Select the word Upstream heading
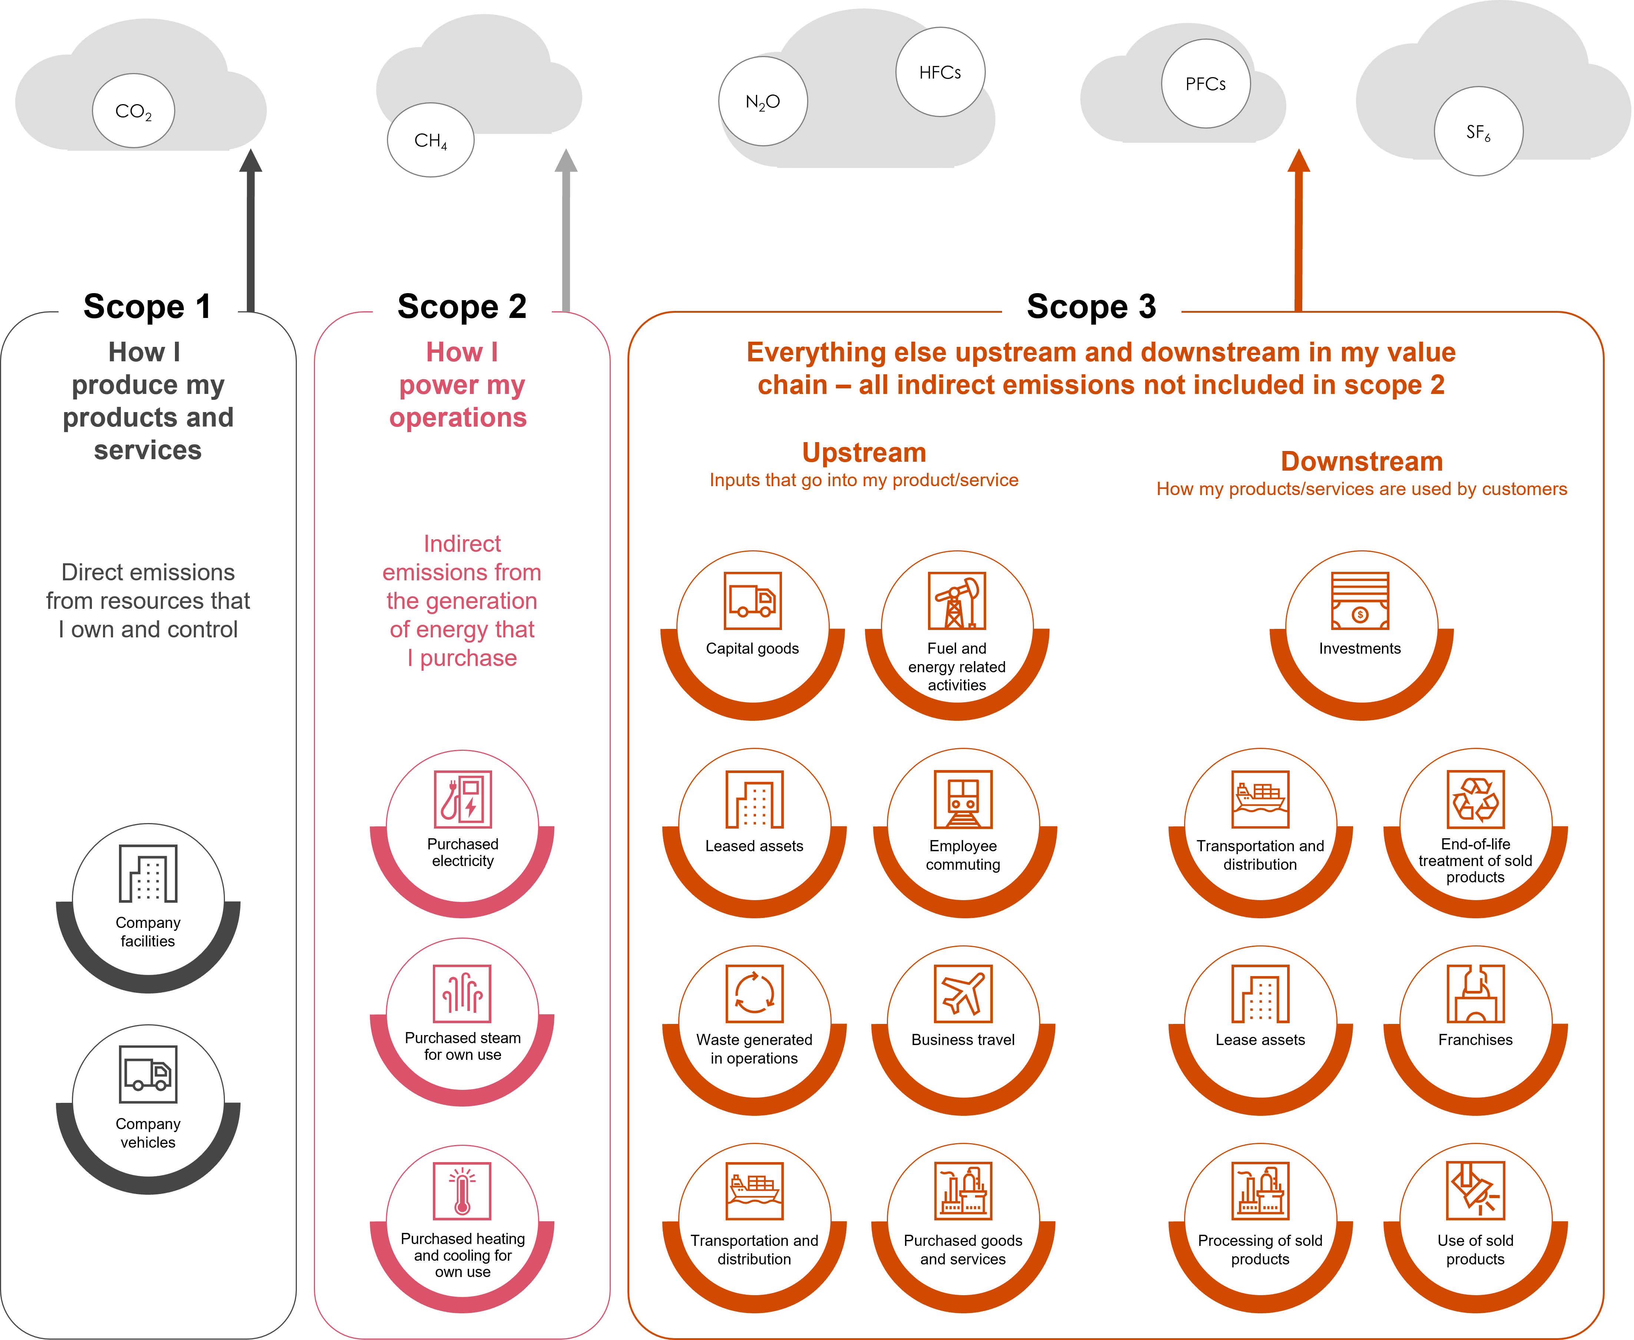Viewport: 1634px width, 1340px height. (864, 452)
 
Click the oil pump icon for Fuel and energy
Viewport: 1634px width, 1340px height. (956, 601)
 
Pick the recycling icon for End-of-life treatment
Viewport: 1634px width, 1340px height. (1475, 799)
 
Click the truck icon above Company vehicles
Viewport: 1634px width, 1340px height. (148, 1074)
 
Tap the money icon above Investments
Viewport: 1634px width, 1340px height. (1359, 601)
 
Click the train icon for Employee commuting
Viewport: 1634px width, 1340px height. (962, 799)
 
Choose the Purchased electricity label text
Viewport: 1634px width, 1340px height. (463, 852)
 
